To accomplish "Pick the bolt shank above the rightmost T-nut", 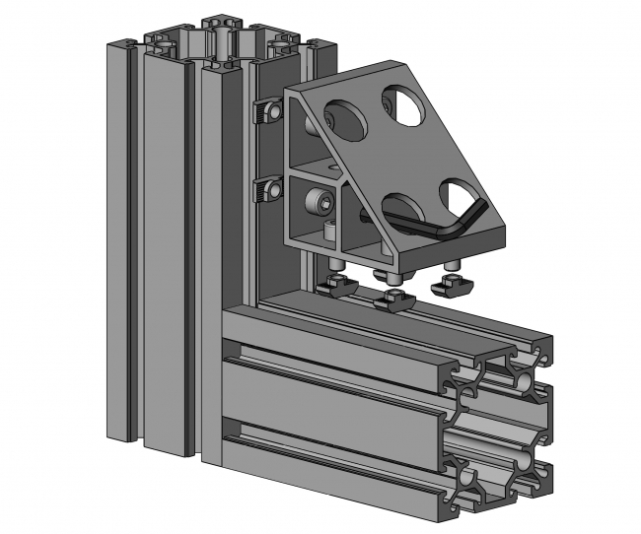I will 452,267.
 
